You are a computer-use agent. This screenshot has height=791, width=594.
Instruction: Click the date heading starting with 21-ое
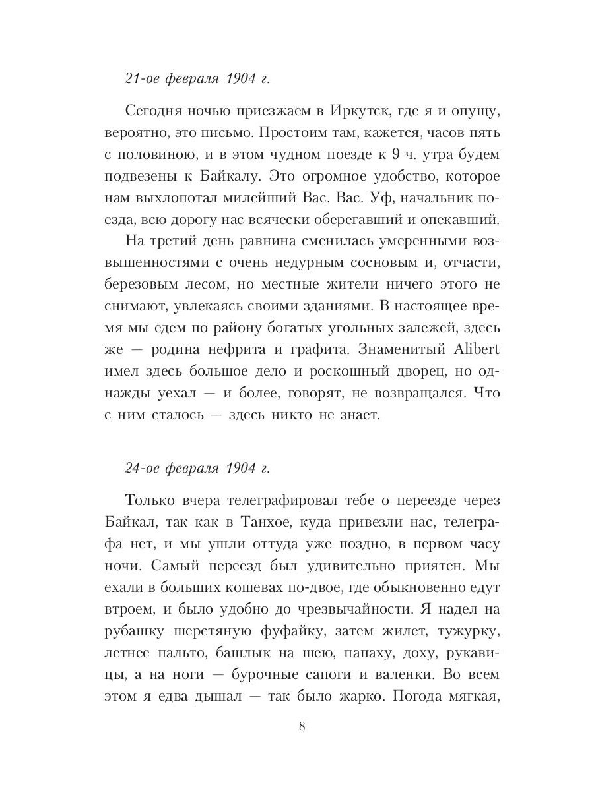tap(197, 79)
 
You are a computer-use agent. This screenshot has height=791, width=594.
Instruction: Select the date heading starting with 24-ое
tap(197, 469)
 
